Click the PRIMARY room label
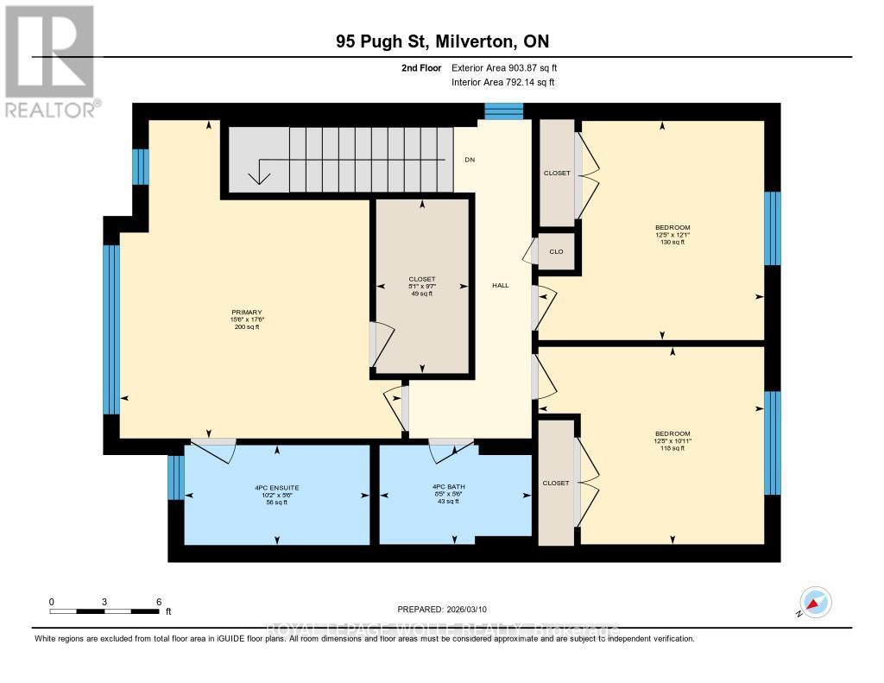(x=246, y=313)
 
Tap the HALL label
(x=501, y=285)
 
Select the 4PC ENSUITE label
(x=276, y=487)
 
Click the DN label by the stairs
(x=470, y=160)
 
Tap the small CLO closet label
(x=557, y=251)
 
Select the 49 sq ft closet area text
(x=420, y=294)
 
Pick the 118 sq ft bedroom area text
(x=672, y=448)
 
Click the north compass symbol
(x=814, y=602)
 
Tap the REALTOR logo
(x=49, y=60)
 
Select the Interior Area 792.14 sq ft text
(x=503, y=82)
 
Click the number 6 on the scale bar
(x=158, y=601)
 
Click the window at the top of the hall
(x=503, y=111)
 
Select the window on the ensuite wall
(x=175, y=477)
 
